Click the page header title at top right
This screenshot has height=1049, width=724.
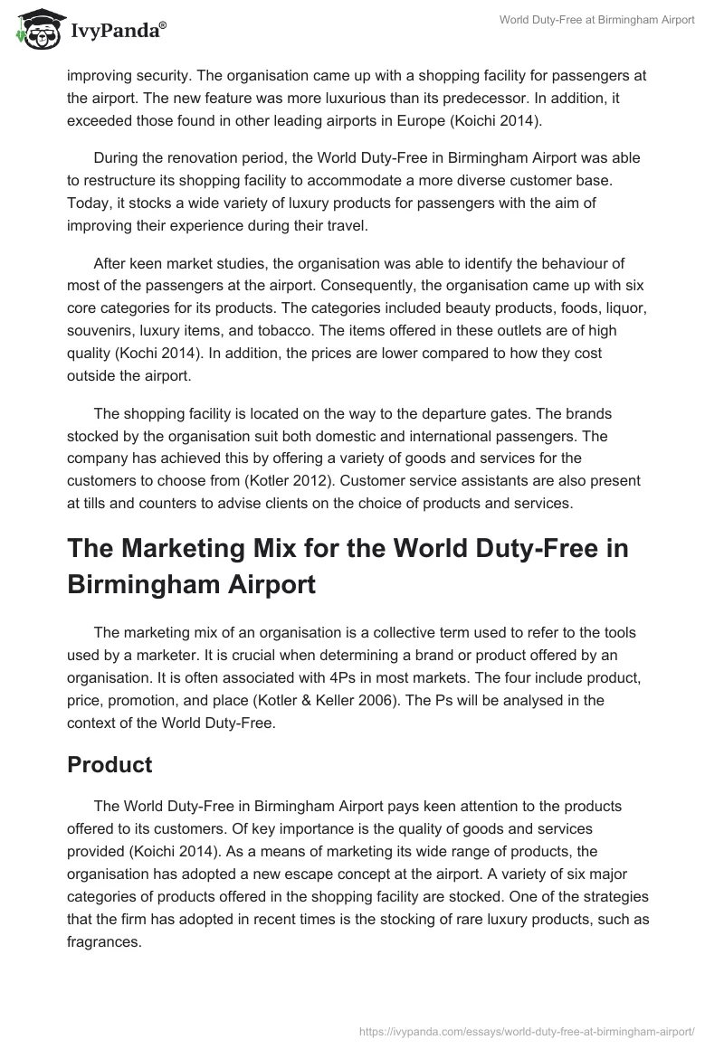click(597, 21)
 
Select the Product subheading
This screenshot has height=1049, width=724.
click(110, 764)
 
